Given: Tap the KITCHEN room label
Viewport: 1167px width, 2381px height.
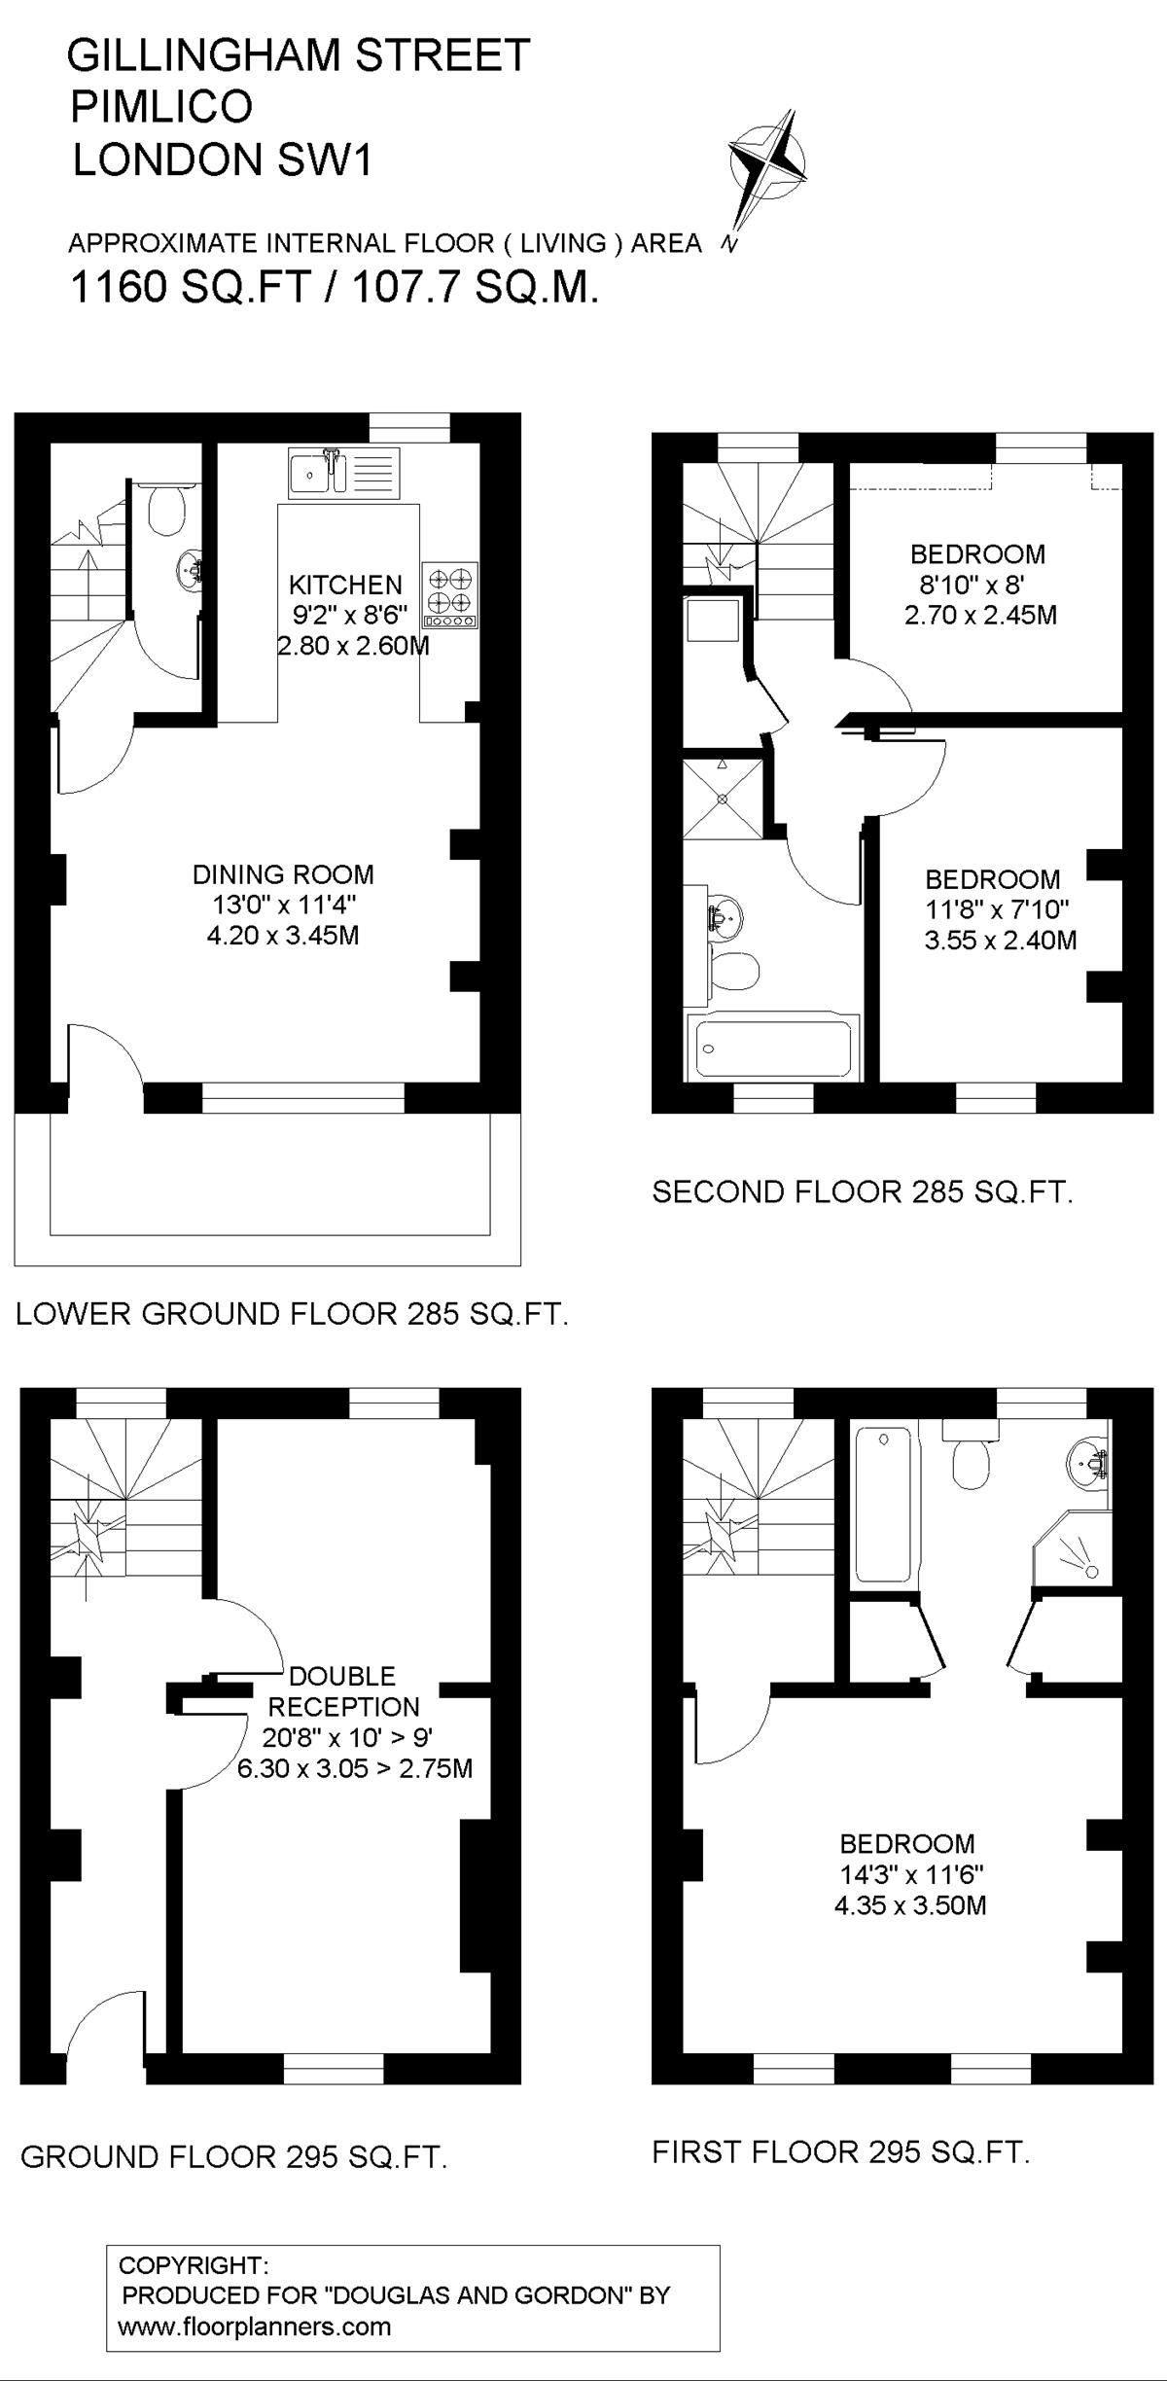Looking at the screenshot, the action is pyautogui.click(x=345, y=585).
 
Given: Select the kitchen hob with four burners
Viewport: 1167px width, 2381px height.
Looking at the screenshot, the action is pyautogui.click(x=450, y=594).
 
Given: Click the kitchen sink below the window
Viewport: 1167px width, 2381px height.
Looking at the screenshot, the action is pyautogui.click(x=344, y=474).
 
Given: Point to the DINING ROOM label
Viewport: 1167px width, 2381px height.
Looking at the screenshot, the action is pyautogui.click(x=283, y=874).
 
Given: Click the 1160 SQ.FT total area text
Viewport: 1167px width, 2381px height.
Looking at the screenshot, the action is pyautogui.click(x=191, y=288).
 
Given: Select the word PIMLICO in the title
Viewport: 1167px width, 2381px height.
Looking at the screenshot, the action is pyautogui.click(x=161, y=107).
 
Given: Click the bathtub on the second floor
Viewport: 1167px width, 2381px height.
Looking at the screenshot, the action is pyautogui.click(x=773, y=1048).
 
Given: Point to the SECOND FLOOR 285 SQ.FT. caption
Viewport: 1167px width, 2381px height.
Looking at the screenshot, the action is pyautogui.click(x=863, y=1192).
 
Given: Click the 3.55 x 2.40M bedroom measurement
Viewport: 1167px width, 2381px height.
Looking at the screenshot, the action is pyautogui.click(x=1001, y=941).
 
